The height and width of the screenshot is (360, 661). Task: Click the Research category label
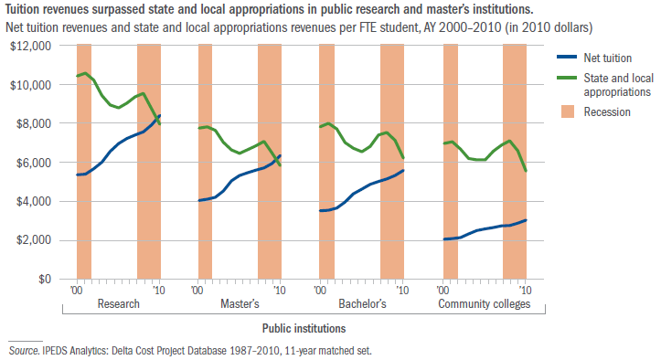click(x=118, y=303)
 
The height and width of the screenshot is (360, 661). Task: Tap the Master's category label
click(x=240, y=303)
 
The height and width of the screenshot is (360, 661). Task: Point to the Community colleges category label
click(x=484, y=303)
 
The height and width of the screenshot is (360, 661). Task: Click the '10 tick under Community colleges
click(x=524, y=290)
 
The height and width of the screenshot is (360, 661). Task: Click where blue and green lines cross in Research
click(x=156, y=119)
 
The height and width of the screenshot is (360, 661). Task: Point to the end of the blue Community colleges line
click(x=527, y=220)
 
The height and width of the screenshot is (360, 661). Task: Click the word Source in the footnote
click(x=25, y=350)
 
